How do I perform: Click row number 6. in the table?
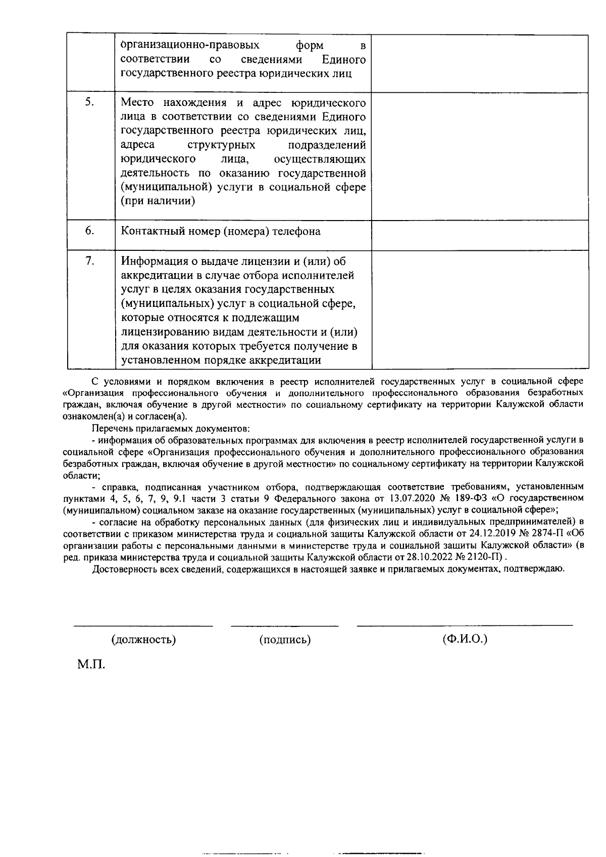click(89, 231)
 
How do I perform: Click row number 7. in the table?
click(89, 261)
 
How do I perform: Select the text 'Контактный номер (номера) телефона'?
click(221, 232)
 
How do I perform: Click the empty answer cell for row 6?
click(480, 235)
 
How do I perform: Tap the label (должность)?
click(143, 640)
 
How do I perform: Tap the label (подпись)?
click(285, 640)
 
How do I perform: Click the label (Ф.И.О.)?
click(465, 639)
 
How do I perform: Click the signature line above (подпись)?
click(285, 626)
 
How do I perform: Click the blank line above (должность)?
click(143, 626)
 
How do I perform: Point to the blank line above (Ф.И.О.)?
click(465, 625)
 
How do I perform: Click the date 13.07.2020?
click(409, 498)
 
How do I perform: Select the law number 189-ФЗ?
click(469, 498)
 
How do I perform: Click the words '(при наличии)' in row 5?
click(158, 201)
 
